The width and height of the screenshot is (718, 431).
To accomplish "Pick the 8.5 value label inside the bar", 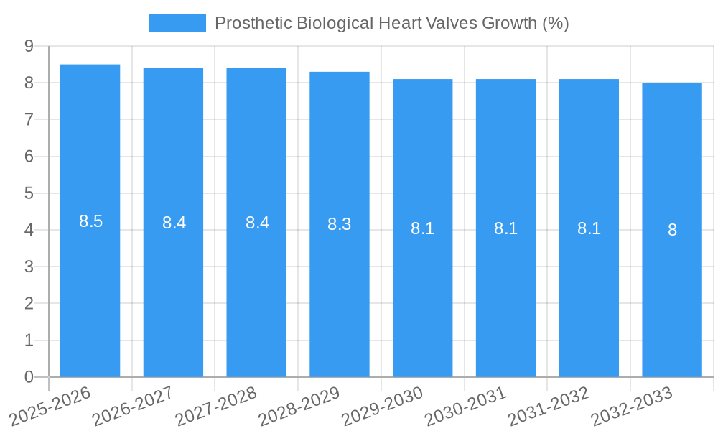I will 91,221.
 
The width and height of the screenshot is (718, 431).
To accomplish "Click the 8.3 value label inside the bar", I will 340,224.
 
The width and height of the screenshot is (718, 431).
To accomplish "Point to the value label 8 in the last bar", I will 672,230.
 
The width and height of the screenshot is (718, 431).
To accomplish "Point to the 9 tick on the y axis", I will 29,46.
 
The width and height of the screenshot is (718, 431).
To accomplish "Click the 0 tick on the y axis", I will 29,377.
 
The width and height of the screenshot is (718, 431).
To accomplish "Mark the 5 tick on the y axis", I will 29,193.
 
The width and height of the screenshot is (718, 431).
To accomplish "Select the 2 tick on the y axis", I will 29,304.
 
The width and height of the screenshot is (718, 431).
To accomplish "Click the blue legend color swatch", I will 177,23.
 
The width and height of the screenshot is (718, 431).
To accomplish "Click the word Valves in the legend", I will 449,23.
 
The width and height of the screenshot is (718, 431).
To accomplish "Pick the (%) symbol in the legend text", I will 555,23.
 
